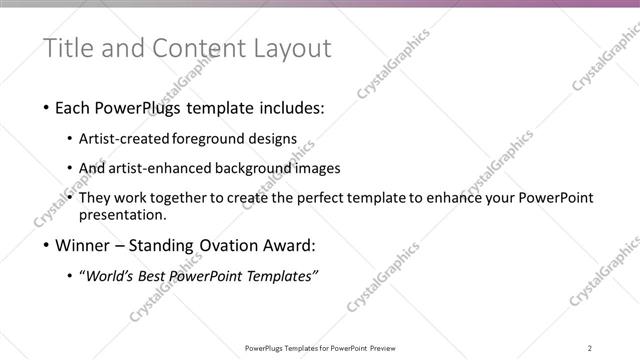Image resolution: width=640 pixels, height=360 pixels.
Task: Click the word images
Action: pos(319,168)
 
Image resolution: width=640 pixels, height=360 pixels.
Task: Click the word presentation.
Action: pos(122,214)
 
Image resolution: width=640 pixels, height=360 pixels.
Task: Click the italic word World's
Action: pos(110,276)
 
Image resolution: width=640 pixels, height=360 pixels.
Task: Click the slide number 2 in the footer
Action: pos(590,348)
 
